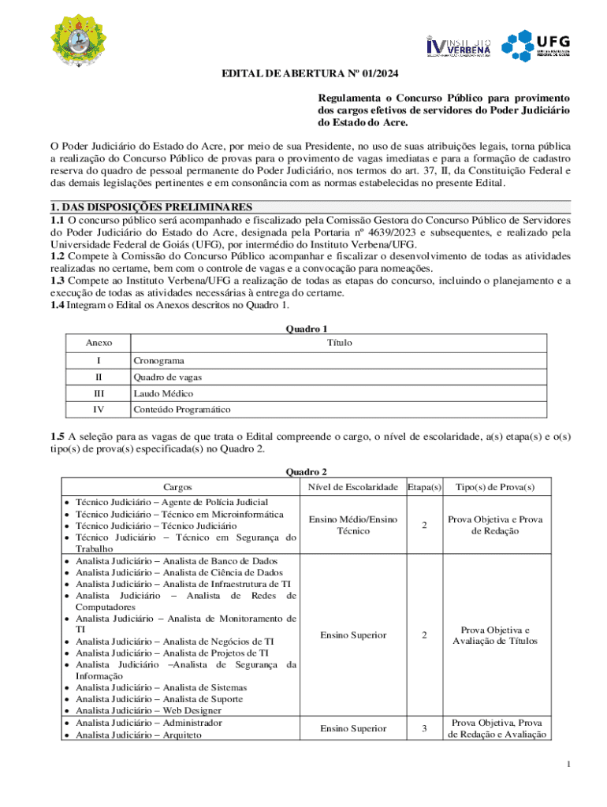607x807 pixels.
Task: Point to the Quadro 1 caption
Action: click(306, 329)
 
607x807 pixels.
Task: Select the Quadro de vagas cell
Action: click(162, 377)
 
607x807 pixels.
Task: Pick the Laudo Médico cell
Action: click(163, 393)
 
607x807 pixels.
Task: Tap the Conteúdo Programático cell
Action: click(181, 410)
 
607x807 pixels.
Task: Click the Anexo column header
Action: click(99, 343)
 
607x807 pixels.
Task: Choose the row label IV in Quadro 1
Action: click(99, 410)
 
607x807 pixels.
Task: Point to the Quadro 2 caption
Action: click(306, 472)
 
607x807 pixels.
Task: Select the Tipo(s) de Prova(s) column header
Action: click(495, 487)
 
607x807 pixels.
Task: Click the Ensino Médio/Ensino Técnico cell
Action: click(352, 525)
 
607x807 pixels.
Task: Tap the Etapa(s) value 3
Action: click(423, 729)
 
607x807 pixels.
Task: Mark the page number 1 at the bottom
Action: click(579, 764)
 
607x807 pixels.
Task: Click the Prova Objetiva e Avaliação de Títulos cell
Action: click(495, 635)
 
